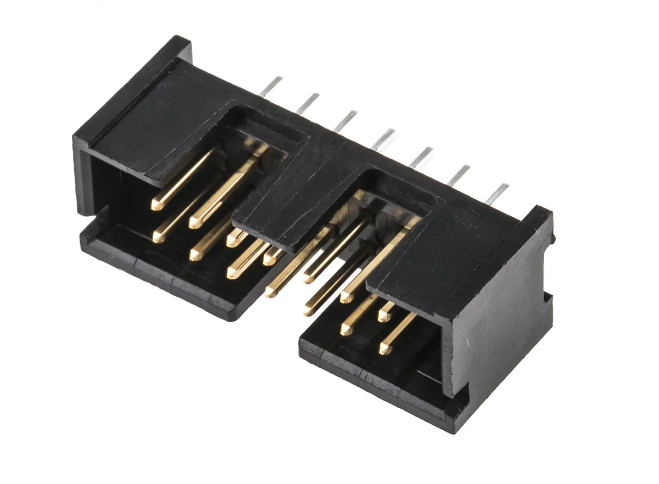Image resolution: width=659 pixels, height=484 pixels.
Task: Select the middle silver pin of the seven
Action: (383, 138)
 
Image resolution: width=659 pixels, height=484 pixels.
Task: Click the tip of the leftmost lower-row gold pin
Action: (158, 238)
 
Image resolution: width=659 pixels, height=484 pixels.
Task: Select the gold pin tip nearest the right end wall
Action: (386, 348)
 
